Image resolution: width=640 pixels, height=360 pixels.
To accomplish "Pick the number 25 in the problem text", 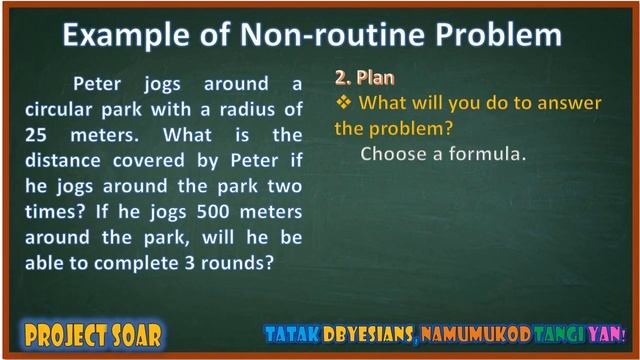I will (x=38, y=134).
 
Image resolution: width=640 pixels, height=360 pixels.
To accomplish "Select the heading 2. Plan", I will (x=364, y=77).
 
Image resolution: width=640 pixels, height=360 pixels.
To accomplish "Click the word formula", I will (x=490, y=154).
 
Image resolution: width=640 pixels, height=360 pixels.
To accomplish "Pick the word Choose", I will (x=393, y=154).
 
